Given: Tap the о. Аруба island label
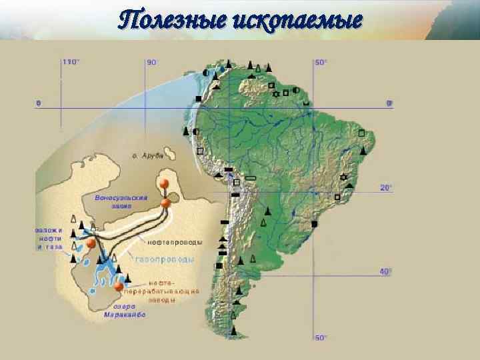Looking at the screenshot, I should coord(147,155).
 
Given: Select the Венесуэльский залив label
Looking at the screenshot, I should coord(121,202).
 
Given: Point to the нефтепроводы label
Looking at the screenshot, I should coord(174,241).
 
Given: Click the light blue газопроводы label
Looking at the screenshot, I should coord(165,259).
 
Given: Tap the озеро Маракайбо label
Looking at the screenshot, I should coord(125,311).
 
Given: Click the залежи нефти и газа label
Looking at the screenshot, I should coord(49,238).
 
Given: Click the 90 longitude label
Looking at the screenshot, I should coord(152,62).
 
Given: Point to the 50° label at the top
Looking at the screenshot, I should coord(321,62).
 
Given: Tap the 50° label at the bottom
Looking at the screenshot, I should coord(321,337).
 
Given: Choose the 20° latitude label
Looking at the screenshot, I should coord(386,188).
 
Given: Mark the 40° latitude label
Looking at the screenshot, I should coord(386,271).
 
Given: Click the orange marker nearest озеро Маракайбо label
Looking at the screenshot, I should coord(119,287).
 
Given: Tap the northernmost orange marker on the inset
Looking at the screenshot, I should coord(163,183).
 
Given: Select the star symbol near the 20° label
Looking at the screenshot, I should coord(344,177).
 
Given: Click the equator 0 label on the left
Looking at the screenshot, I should coord(38,103).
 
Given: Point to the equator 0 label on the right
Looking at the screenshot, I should coord(390,103).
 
